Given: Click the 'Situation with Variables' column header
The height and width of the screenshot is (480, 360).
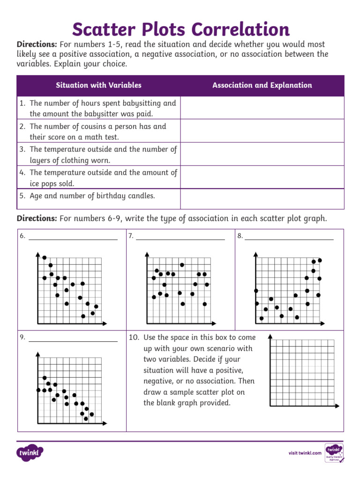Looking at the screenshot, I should tap(98, 85).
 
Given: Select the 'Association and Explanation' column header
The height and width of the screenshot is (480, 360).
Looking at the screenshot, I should tap(262, 85).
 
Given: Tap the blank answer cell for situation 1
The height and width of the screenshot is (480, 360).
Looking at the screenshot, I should tap(262, 108).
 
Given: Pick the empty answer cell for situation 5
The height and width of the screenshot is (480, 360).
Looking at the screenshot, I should tap(262, 199).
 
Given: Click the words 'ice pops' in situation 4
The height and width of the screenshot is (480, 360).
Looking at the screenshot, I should tap(44, 184).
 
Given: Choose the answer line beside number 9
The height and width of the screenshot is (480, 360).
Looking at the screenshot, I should tap(73, 340).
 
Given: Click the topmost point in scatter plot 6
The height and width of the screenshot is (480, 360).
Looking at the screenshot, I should tap(45, 257).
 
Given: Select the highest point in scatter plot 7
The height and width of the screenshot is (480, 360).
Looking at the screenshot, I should tap(182, 265).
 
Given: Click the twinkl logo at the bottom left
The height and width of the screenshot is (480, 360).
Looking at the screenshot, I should tap(30, 453).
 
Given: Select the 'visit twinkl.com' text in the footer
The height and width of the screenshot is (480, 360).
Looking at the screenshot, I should tap(305, 453).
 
